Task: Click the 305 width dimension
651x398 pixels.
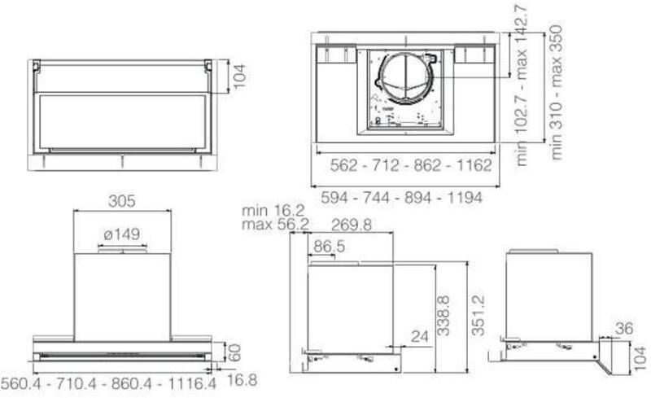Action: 121,201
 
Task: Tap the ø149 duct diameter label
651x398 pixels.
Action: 121,234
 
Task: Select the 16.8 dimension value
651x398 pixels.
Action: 242,380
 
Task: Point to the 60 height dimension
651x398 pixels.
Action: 235,352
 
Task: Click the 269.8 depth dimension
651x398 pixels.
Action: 352,225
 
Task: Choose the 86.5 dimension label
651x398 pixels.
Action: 330,247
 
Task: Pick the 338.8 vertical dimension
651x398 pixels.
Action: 443,315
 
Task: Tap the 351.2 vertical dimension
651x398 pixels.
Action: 478,315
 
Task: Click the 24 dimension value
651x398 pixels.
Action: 419,336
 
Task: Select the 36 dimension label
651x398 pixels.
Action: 624,329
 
